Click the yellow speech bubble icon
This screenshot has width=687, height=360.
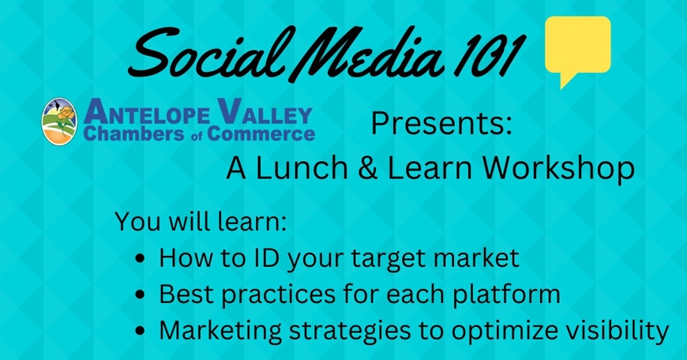pos(578,48)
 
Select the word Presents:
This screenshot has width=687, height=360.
pos(442,125)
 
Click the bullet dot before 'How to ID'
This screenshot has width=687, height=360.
pos(141,257)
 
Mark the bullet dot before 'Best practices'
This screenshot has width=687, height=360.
pos(141,295)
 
